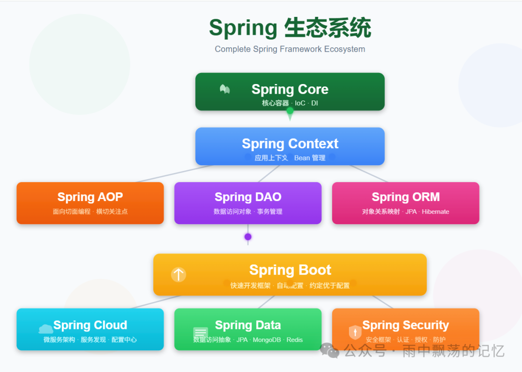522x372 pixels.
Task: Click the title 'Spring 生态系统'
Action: click(x=290, y=28)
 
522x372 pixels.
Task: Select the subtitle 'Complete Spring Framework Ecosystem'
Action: click(x=290, y=49)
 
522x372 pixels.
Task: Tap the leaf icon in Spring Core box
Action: click(x=225, y=89)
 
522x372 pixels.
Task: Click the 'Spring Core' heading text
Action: click(x=290, y=89)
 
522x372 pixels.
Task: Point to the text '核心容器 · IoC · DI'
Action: click(x=290, y=103)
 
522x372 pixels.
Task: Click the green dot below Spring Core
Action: click(x=290, y=111)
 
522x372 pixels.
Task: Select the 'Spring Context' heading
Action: click(x=290, y=143)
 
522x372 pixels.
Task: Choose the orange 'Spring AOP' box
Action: click(x=90, y=203)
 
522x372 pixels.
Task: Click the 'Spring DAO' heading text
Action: click(x=248, y=197)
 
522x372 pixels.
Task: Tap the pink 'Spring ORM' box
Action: click(x=406, y=203)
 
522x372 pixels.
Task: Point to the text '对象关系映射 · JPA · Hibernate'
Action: click(x=406, y=212)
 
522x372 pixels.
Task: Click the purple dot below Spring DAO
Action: click(x=248, y=237)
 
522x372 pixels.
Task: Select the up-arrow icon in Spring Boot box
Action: click(x=178, y=274)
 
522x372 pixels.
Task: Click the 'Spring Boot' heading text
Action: click(x=290, y=270)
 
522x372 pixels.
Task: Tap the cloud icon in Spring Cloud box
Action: click(x=46, y=329)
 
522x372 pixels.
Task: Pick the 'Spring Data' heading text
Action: click(x=248, y=325)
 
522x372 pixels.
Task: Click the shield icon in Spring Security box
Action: click(x=355, y=332)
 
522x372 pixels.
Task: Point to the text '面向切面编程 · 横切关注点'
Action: click(x=90, y=212)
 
